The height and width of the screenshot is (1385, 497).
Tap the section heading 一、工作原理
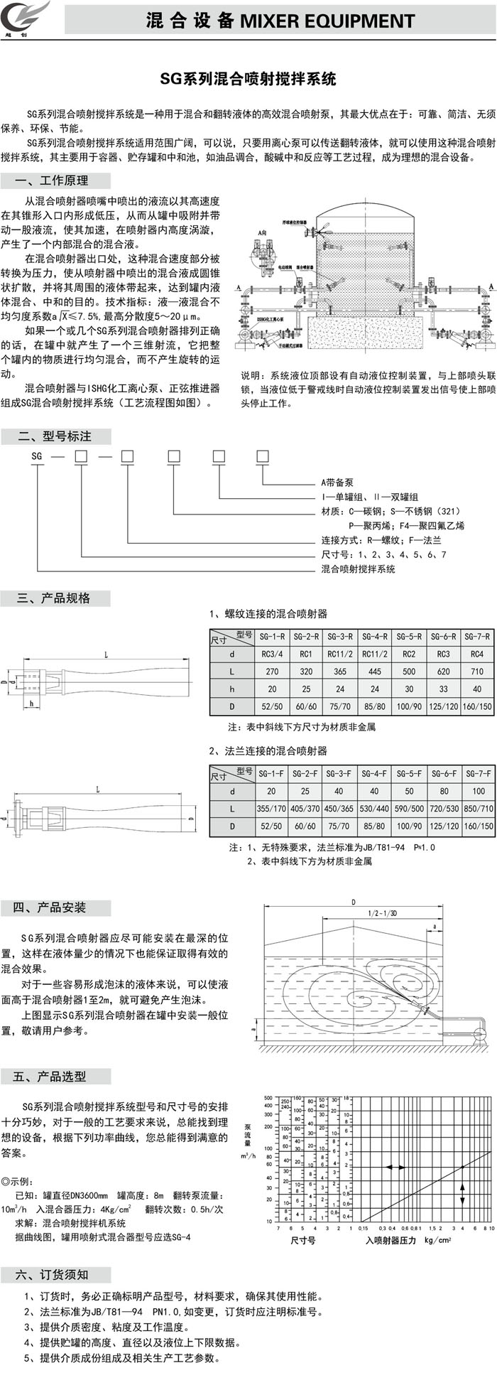click(53, 180)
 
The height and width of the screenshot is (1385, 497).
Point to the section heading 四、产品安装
click(53, 907)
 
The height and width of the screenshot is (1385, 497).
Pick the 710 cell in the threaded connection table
click(477, 672)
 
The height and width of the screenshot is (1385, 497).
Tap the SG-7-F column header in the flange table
click(477, 773)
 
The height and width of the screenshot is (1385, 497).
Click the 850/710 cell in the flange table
click(477, 809)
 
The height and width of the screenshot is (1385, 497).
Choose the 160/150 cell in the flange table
click(477, 826)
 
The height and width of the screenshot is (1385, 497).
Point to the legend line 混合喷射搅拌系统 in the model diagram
click(359, 568)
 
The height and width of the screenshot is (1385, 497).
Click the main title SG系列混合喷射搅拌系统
click(248, 79)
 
